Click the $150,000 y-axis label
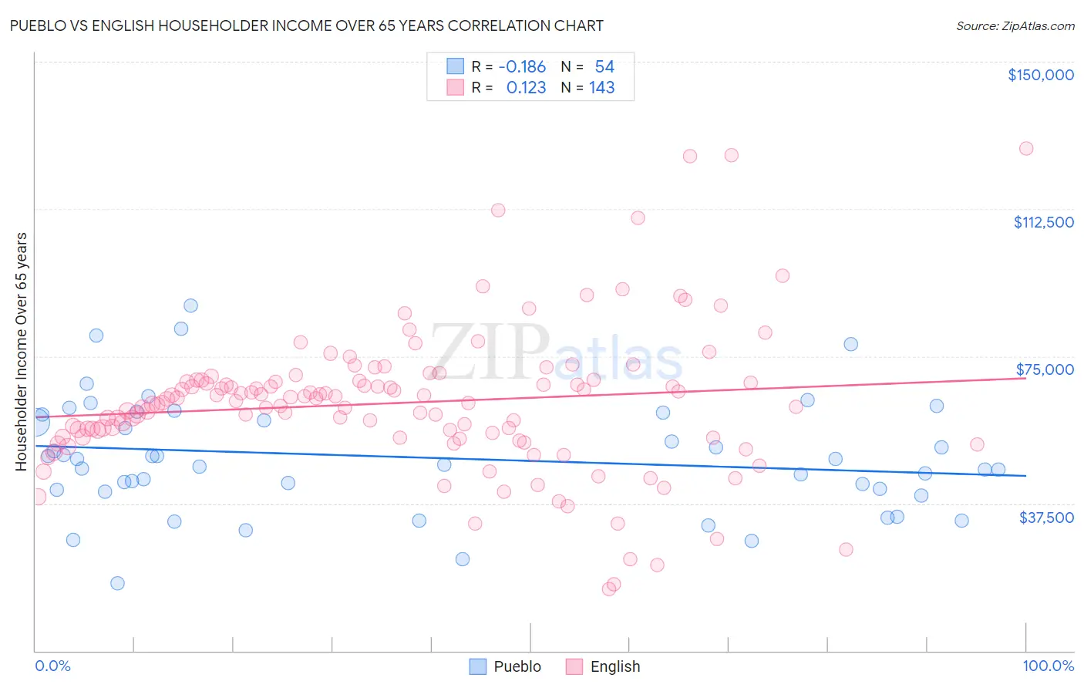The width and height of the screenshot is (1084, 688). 1040,75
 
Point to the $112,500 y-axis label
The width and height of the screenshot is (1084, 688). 1043,222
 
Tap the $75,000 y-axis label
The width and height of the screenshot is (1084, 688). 1045,369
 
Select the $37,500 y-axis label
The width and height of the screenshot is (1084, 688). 1046,518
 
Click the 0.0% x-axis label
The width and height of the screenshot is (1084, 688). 52,666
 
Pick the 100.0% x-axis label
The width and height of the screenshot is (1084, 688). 1048,666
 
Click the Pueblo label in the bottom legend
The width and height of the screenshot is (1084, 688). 517,666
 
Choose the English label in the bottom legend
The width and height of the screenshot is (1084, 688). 614,666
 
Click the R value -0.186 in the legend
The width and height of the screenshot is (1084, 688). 522,67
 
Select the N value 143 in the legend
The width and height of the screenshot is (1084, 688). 601,88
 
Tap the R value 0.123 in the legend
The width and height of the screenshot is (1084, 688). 526,88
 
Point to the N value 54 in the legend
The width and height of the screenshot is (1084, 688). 604,67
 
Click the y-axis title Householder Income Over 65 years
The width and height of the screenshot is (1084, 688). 22,351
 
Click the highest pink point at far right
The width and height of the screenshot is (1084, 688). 1025,148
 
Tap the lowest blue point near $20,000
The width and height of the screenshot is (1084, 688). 117,583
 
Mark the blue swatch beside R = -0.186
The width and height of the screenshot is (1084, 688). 456,67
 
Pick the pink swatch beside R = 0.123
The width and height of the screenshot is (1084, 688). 456,88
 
